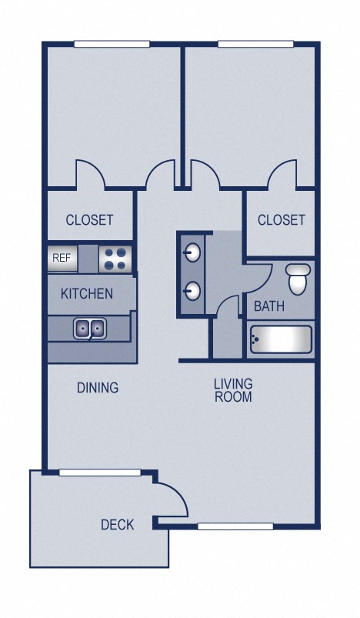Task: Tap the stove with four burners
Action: click(116, 258)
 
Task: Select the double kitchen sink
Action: click(89, 329)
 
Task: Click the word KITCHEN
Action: click(87, 293)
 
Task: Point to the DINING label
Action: click(98, 387)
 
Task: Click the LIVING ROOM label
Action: click(233, 390)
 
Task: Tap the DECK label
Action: click(117, 525)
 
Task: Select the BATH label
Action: click(269, 306)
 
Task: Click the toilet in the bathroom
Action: click(298, 278)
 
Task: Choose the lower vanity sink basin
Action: click(192, 291)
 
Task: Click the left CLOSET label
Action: click(89, 219)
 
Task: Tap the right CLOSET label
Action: click(281, 220)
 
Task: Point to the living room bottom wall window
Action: click(235, 526)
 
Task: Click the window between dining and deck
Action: click(99, 472)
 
